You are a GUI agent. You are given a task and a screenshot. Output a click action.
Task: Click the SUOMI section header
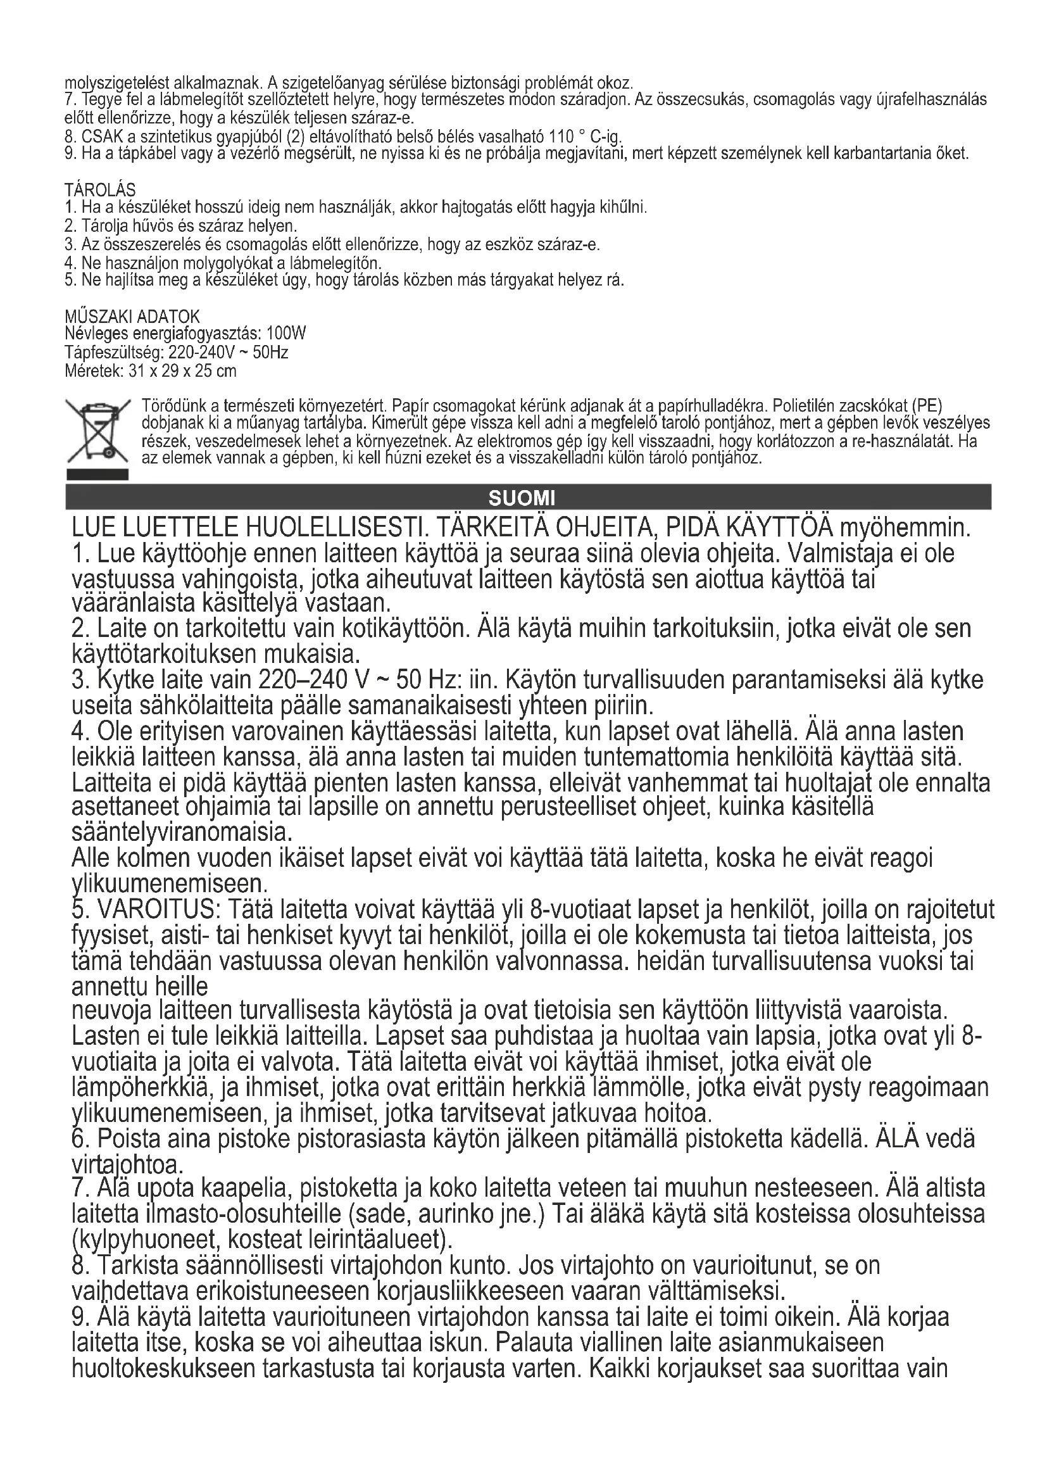(x=522, y=498)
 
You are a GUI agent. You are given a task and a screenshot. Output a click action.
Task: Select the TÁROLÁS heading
(x=100, y=190)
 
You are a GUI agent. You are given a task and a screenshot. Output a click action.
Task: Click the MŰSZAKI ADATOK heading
(x=132, y=316)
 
